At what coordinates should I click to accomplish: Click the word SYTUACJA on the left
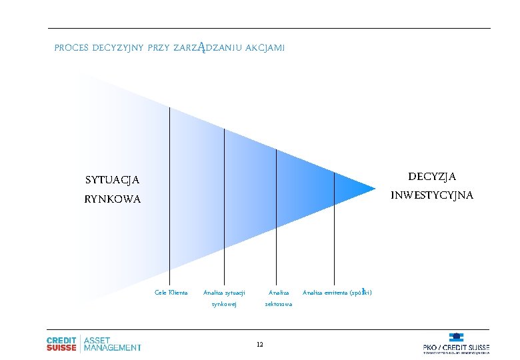113,180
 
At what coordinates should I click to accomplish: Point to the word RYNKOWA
113,199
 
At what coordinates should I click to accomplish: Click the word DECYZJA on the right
432,177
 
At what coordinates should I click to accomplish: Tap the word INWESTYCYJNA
432,195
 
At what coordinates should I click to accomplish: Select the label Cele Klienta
171,292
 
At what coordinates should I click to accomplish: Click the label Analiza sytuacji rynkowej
224,298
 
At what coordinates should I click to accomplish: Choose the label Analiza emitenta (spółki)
337,292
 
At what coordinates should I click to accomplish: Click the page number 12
259,344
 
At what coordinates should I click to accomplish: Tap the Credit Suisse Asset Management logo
93,343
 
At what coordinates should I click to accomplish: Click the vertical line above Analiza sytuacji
224,200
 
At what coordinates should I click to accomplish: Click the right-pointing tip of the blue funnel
374,187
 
